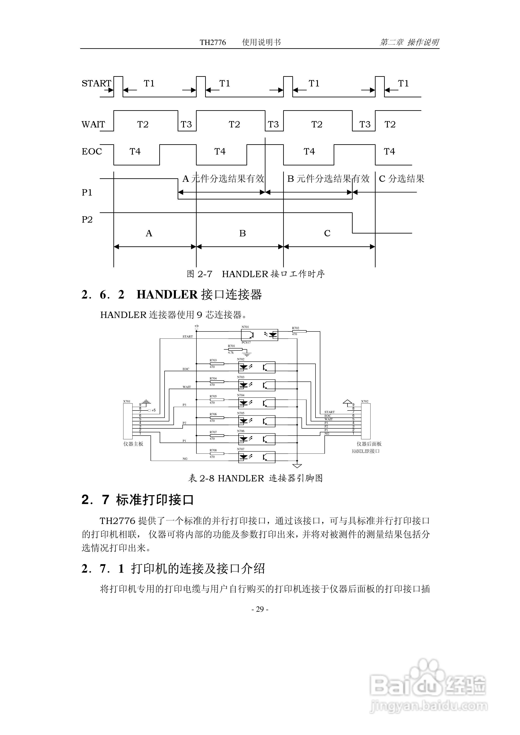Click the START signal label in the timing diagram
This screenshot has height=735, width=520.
pos(96,84)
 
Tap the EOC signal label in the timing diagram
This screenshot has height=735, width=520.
pos(92,151)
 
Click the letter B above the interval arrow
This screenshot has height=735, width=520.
pos(242,233)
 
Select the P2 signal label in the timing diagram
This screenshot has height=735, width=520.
pos(87,220)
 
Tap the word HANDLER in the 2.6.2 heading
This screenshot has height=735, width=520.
pos(167,295)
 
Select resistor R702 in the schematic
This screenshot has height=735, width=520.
pos(299,331)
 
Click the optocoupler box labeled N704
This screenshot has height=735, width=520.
pos(257,403)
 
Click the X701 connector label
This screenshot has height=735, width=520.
pos(127,401)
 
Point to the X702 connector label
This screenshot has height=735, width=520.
pos(365,401)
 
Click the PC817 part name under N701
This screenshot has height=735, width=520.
pos(246,343)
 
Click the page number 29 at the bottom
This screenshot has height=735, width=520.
pos(260,609)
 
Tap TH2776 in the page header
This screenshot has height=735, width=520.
pos(213,43)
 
